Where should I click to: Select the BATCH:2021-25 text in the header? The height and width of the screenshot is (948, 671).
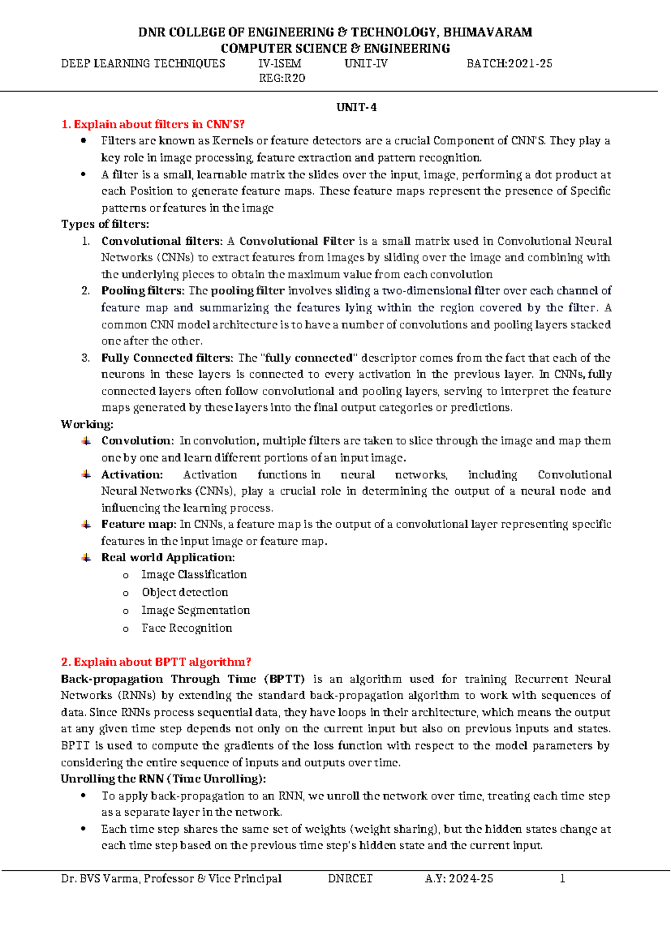pos(509,64)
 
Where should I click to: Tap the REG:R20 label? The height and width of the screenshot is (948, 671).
pos(282,78)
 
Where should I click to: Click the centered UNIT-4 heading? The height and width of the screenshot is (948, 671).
pos(356,107)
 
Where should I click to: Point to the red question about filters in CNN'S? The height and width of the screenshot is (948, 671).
pos(153,124)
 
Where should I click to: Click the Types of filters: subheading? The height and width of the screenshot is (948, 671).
pos(105,224)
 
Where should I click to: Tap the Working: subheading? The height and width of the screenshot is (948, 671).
pos(87,424)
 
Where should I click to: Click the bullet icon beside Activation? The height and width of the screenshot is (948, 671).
pos(86,475)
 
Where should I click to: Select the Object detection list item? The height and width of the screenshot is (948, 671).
pos(185,592)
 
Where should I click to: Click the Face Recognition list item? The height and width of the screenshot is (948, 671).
pos(187,628)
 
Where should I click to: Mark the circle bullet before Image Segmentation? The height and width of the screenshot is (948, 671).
pos(126,612)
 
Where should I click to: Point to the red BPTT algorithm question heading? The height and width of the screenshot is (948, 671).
pos(156,662)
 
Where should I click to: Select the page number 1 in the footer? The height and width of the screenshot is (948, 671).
pos(563,879)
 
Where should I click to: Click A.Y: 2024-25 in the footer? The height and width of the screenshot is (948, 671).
pos(459,879)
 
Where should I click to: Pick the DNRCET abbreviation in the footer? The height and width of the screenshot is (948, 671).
pos(351,879)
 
